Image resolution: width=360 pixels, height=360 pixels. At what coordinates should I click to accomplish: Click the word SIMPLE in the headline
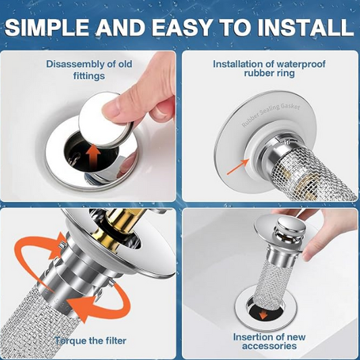coord(47,27)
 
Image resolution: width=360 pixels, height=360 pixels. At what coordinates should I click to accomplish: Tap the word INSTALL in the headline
coord(307,27)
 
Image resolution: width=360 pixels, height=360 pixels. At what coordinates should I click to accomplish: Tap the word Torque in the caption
coord(70,340)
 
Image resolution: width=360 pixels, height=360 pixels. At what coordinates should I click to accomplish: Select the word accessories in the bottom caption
coord(269,346)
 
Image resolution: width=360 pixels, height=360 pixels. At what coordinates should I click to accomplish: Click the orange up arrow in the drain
coord(93,157)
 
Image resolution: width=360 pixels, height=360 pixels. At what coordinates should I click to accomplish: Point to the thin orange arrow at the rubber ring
coord(238,167)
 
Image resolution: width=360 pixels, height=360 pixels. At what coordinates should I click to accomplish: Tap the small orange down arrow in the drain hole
coord(263,314)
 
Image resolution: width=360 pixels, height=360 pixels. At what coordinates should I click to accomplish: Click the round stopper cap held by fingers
coord(106,119)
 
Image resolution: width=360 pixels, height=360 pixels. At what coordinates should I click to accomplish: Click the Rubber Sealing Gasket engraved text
coord(271,115)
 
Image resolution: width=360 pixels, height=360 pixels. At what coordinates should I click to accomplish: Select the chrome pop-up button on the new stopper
coord(291,228)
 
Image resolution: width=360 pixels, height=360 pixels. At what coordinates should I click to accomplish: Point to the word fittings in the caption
coord(89,76)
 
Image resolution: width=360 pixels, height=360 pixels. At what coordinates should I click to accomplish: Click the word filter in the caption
coord(115,340)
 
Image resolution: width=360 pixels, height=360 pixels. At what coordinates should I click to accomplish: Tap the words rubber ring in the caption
coord(269,73)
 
